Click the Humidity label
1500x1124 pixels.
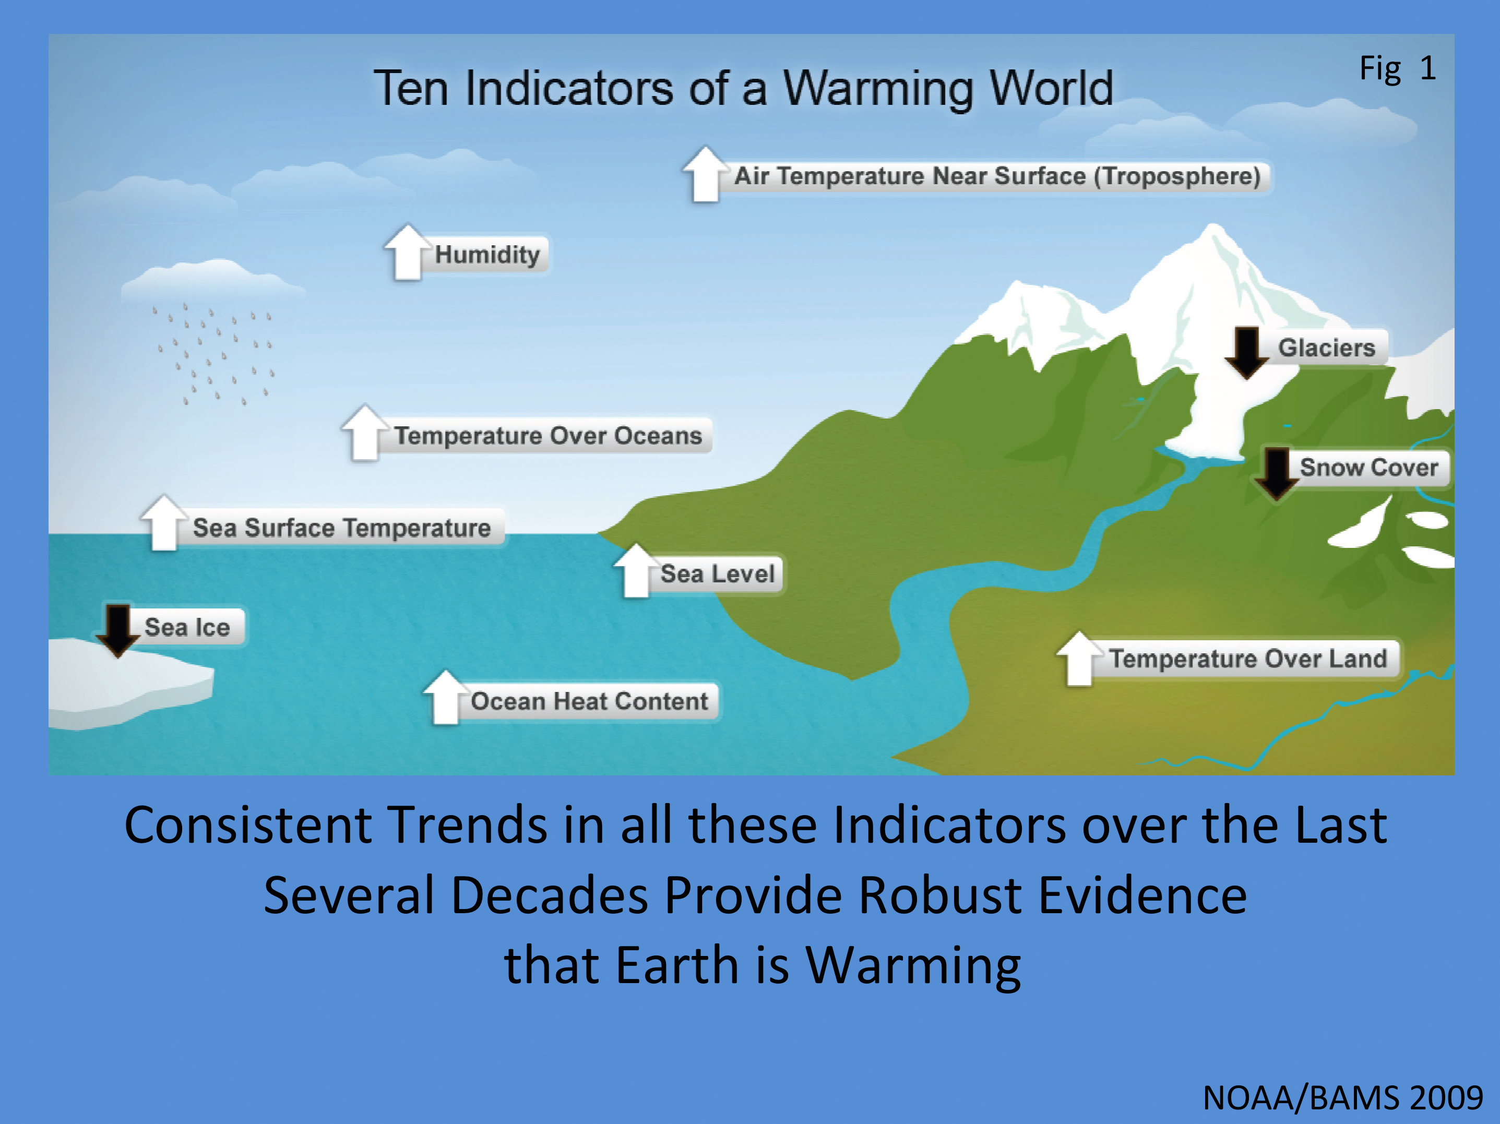coord(487,255)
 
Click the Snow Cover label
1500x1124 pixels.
coord(1368,468)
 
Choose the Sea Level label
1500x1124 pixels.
coord(718,574)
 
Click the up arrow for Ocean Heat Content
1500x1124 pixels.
coord(445,698)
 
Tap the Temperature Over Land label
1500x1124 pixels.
coord(1248,659)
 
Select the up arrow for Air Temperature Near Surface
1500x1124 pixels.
coord(705,174)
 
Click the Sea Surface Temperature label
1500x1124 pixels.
coord(342,528)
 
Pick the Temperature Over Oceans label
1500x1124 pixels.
coord(548,436)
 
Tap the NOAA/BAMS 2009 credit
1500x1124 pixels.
coord(1343,1097)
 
